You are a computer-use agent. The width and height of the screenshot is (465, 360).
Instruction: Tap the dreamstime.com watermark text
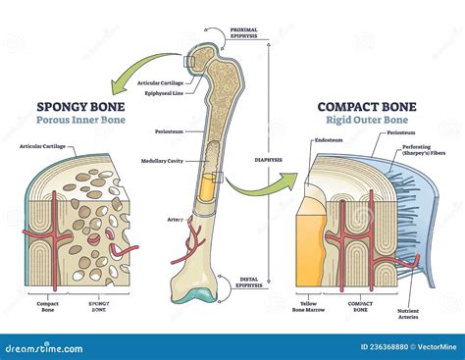point(49,346)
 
